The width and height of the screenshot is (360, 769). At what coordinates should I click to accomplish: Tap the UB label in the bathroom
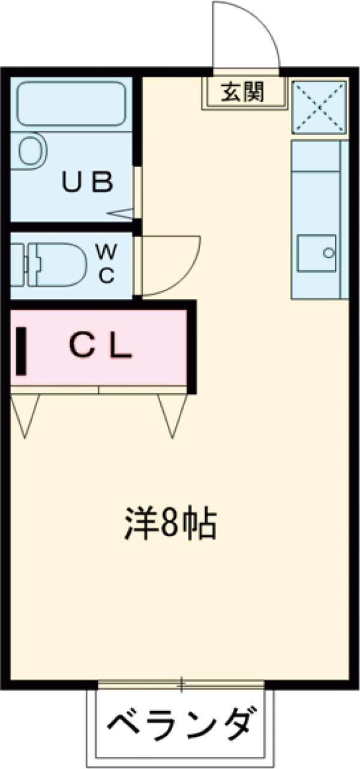88,182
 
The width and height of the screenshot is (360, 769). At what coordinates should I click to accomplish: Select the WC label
106,265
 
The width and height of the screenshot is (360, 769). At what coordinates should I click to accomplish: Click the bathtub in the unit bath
71,104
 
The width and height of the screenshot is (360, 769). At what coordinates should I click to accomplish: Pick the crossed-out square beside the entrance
319,106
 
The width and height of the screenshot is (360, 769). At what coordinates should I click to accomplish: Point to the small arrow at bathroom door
124,213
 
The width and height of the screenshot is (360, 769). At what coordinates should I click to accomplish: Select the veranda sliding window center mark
182,684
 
